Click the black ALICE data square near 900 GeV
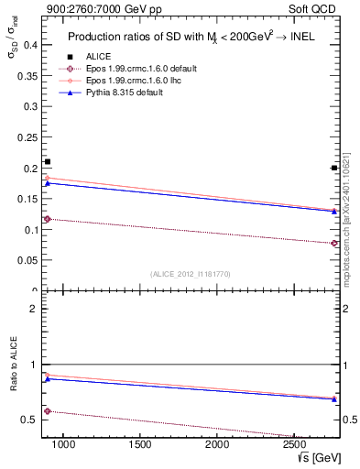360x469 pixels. (48, 162)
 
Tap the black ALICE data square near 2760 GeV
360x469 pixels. (334, 168)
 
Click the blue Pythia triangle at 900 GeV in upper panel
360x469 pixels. (48, 183)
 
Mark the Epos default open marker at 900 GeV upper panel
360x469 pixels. (48, 219)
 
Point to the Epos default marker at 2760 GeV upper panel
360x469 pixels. (334, 243)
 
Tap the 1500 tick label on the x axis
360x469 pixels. (140, 444)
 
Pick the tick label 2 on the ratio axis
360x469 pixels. (32, 309)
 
